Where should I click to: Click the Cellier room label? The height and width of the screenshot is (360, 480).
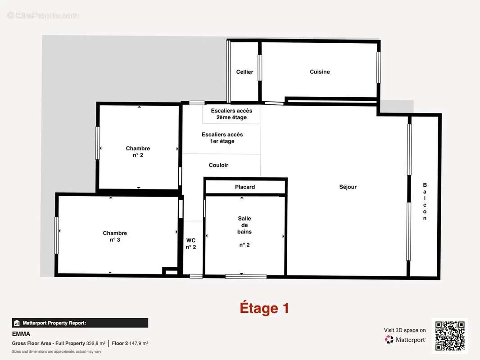point(245,72)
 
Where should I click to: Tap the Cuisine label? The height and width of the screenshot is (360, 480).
point(320,72)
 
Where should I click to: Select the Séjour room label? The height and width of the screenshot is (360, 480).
point(348,187)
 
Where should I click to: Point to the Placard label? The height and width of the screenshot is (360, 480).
point(245,187)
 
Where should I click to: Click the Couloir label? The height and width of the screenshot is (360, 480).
point(218,165)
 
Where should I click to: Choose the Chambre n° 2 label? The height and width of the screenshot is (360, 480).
point(138,152)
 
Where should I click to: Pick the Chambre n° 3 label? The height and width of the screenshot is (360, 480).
point(115,236)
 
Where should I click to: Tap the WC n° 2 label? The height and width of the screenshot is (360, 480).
point(191,244)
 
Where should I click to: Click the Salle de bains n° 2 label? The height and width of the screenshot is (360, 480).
point(245,232)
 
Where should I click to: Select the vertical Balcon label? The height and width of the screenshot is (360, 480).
point(425,202)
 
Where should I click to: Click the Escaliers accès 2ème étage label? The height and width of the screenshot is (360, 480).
point(231,114)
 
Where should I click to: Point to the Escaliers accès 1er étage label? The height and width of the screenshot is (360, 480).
point(222,138)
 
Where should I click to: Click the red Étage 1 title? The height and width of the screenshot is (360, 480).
point(264,308)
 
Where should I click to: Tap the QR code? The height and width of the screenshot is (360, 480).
point(450,336)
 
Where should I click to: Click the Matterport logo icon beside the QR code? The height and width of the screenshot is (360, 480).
point(389,339)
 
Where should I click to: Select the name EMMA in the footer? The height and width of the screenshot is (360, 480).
point(21,334)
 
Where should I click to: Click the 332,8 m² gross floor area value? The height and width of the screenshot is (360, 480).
point(96,343)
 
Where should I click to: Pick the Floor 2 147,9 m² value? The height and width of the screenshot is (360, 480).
point(130,343)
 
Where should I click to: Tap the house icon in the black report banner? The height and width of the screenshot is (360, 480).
point(17,323)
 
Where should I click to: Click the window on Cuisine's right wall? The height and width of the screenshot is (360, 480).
point(379,67)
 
